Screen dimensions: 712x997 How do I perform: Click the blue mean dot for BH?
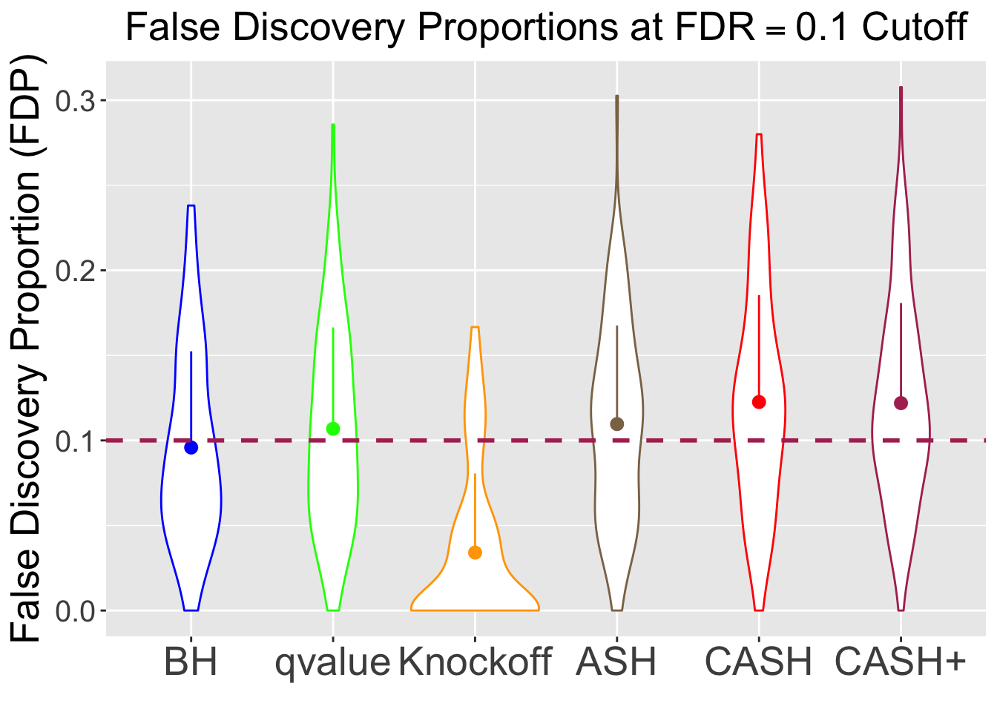coord(191,447)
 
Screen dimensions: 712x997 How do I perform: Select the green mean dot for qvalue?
coord(333,429)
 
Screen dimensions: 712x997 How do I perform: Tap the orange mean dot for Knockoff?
coord(476,553)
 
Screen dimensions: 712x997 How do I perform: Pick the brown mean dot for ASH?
coord(617,424)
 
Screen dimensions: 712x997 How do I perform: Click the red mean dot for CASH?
coord(759,402)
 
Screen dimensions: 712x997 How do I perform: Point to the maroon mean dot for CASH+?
coord(901,403)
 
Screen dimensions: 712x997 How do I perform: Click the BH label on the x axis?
coord(191,662)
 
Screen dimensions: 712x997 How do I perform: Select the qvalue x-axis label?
coord(332,662)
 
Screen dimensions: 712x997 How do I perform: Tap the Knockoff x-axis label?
coord(475,662)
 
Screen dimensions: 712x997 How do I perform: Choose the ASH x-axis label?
coord(617,662)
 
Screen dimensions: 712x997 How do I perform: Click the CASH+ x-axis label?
coord(901,662)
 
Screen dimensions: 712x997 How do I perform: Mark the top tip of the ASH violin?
coord(617,96)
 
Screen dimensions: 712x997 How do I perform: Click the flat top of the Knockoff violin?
coord(476,327)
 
